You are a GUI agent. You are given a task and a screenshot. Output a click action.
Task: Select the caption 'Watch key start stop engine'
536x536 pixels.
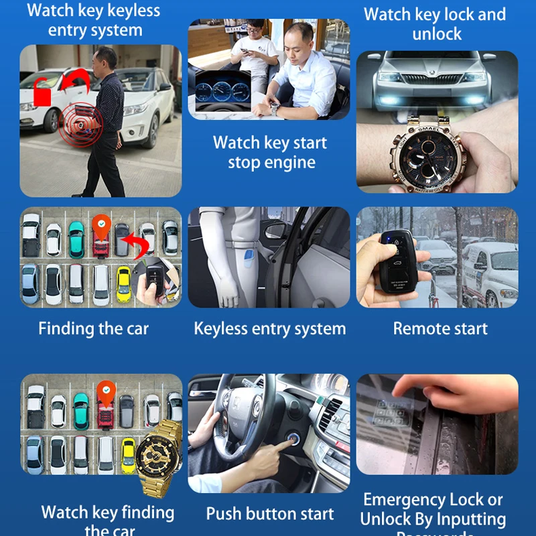[x=269, y=153]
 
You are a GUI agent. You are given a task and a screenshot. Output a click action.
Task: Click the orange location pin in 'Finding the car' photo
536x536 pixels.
[x=100, y=226]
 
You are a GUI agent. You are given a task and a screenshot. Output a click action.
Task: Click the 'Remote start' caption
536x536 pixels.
[x=440, y=329]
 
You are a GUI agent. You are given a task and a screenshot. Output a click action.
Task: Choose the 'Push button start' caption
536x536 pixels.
[x=269, y=514]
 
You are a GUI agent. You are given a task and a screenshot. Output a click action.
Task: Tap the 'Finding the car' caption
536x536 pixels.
[x=93, y=329]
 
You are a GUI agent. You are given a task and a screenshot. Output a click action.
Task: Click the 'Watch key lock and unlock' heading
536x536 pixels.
[x=435, y=23]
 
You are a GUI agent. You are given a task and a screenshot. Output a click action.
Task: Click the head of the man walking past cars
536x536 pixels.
[x=105, y=58]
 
